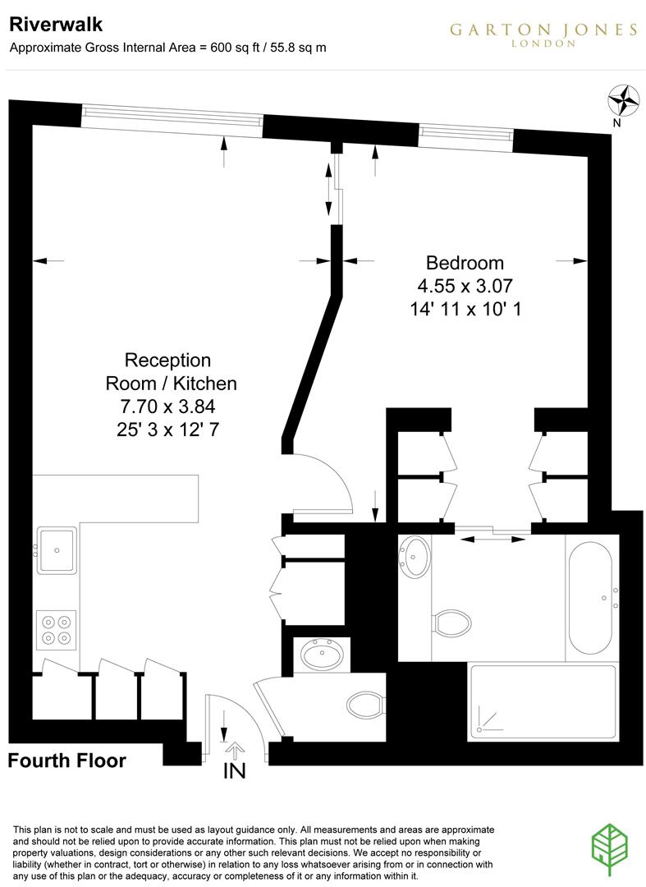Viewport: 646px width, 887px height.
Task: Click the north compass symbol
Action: click(624, 101)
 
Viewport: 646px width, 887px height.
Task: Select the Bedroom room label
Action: click(465, 264)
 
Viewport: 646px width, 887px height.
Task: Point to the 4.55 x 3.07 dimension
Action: click(465, 287)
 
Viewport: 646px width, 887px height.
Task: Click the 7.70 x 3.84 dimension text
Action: click(167, 406)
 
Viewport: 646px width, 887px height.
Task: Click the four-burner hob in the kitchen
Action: click(56, 628)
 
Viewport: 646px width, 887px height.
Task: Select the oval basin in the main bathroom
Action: click(416, 557)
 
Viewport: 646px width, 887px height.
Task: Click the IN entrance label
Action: click(234, 771)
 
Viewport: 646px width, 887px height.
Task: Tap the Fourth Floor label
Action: click(67, 761)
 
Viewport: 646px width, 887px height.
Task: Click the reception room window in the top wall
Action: click(172, 120)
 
